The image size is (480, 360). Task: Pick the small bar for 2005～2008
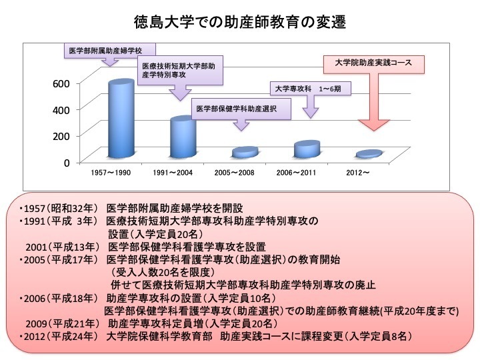pyautogui.click(x=244, y=153)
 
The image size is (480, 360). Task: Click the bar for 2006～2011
pyautogui.click(x=307, y=149)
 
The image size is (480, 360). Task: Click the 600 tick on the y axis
pyautogui.click(x=61, y=84)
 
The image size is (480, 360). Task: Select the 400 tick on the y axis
pyautogui.click(x=61, y=109)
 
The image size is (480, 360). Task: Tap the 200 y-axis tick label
pyautogui.click(x=61, y=135)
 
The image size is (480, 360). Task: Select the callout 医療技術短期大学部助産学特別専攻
pyautogui.click(x=179, y=71)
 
